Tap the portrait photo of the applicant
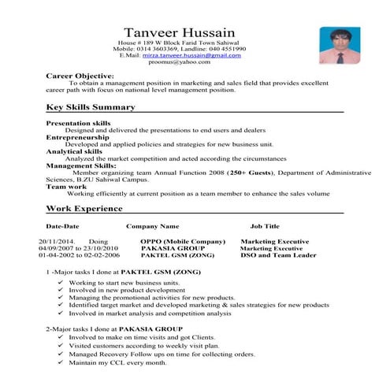(335, 46)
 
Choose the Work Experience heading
(84, 209)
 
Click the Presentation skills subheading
(78, 124)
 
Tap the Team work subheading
(66, 186)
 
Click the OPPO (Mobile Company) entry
(183, 241)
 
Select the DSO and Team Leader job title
(277, 255)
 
